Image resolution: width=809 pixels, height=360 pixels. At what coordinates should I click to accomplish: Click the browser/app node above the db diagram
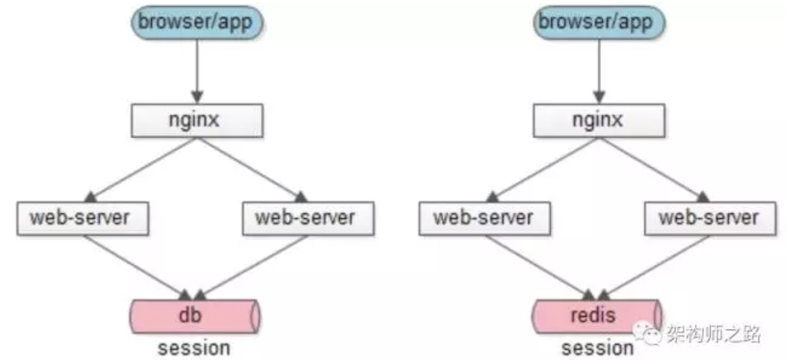pyautogui.click(x=197, y=22)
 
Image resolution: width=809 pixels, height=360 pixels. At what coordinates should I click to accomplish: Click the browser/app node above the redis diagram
pyautogui.click(x=599, y=22)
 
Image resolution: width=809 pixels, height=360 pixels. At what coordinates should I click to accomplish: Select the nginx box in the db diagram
pyautogui.click(x=197, y=121)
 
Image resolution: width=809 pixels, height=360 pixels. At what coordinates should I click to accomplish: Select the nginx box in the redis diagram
pyautogui.click(x=599, y=121)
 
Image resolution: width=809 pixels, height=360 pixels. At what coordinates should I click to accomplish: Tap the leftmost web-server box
pyautogui.click(x=83, y=218)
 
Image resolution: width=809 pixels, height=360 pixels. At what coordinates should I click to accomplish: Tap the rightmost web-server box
pyautogui.click(x=710, y=218)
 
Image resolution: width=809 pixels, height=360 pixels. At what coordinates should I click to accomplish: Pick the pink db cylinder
pyautogui.click(x=195, y=316)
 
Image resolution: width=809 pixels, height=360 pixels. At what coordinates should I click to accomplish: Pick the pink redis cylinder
pyautogui.click(x=597, y=316)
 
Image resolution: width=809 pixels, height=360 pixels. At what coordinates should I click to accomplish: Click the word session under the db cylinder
pyautogui.click(x=194, y=348)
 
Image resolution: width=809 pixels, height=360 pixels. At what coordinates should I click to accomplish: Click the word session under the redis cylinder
pyautogui.click(x=598, y=348)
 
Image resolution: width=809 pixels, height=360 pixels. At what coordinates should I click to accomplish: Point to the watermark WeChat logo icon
pyautogui.click(x=647, y=333)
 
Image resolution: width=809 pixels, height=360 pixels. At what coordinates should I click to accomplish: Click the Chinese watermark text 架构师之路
pyautogui.click(x=714, y=333)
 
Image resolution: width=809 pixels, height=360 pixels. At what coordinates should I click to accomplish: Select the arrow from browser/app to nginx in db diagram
pyautogui.click(x=197, y=72)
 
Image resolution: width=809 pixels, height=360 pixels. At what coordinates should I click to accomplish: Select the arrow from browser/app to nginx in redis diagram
pyautogui.click(x=599, y=72)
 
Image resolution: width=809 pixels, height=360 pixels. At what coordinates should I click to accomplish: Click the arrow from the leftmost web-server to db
pyautogui.click(x=138, y=268)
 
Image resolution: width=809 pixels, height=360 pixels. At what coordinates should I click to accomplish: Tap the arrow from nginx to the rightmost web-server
pyautogui.click(x=654, y=170)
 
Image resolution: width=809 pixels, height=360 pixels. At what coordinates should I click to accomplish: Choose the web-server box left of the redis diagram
pyautogui.click(x=485, y=218)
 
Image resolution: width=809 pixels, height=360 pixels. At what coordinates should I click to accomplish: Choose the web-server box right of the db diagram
pyautogui.click(x=308, y=218)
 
